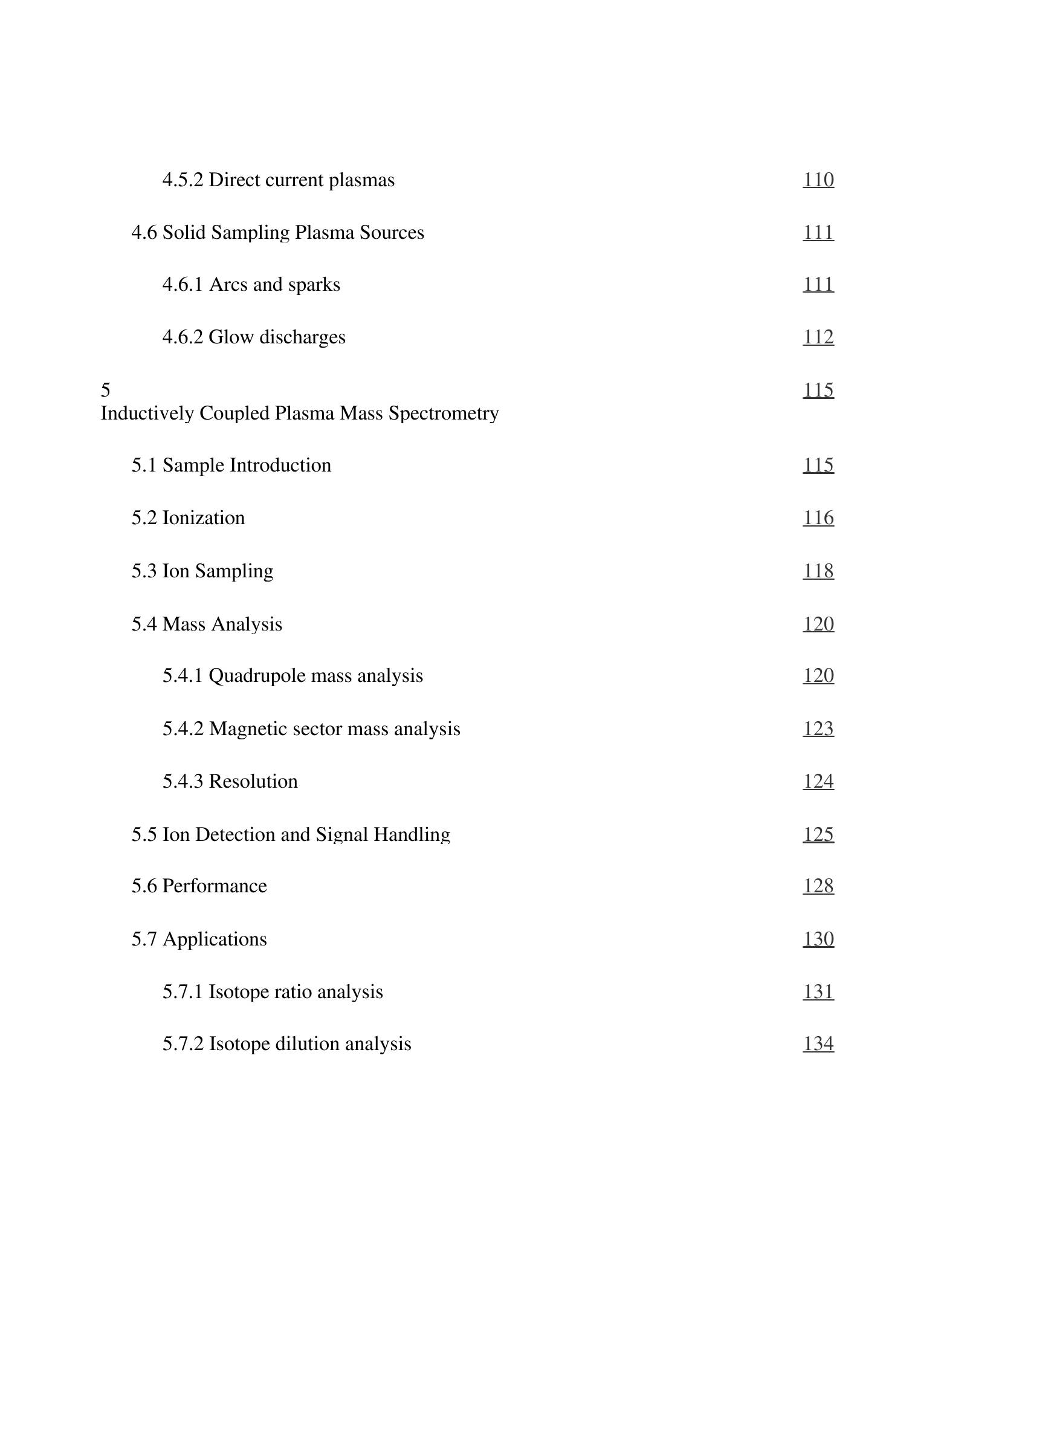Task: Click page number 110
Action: [x=818, y=180]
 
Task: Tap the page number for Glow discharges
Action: [x=818, y=337]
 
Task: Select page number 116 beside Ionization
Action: [x=818, y=517]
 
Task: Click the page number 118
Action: [x=818, y=571]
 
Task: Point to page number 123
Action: [x=818, y=728]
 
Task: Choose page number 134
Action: [x=818, y=1043]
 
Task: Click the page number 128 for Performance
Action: [x=818, y=886]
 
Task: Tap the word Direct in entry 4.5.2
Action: [x=233, y=180]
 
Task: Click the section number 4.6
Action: [x=144, y=232]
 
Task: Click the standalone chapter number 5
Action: [x=105, y=390]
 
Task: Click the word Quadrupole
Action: [x=259, y=676]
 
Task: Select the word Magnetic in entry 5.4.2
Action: [x=248, y=728]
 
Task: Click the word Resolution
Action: [x=253, y=781]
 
